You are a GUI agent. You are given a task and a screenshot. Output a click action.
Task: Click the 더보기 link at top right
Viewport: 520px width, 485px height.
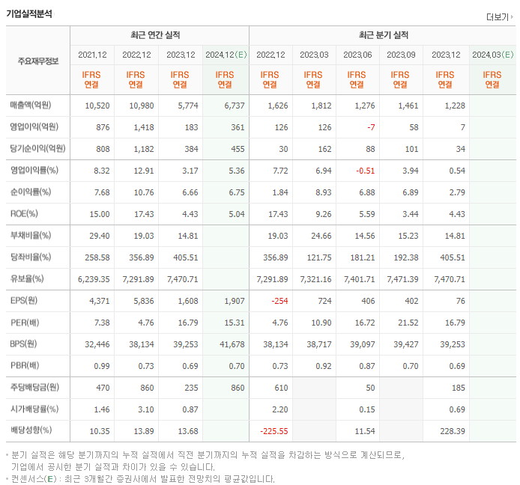tap(498, 17)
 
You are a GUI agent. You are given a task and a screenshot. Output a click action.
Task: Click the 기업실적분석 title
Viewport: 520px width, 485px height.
tap(29, 13)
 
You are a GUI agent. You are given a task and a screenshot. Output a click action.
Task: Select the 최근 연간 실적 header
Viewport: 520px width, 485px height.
tap(159, 35)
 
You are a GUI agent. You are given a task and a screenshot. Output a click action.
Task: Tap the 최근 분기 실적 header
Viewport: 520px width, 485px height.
tap(382, 35)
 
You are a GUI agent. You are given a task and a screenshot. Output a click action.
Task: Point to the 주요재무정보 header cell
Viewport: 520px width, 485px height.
tap(38, 61)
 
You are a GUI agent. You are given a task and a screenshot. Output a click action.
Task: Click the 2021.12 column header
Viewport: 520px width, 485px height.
tap(92, 55)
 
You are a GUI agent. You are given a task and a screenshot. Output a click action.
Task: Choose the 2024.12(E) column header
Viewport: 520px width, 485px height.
tap(225, 55)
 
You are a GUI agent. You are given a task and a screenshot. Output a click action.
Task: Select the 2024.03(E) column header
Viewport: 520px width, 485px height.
tap(492, 55)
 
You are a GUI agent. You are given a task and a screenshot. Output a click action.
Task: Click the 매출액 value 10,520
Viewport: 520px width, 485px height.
tap(97, 106)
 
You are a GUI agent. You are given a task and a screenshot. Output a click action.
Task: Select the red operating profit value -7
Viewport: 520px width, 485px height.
tap(370, 127)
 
